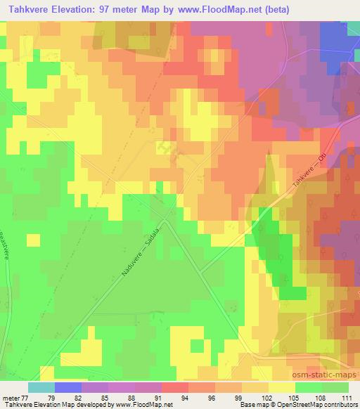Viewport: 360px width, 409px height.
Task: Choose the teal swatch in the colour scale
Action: click(x=41, y=387)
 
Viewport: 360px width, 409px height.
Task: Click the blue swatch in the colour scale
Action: click(x=68, y=387)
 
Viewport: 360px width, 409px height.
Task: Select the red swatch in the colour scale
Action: click(x=175, y=387)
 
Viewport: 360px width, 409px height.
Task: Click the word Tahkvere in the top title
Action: click(x=27, y=8)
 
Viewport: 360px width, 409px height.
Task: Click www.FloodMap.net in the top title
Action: click(x=225, y=8)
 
